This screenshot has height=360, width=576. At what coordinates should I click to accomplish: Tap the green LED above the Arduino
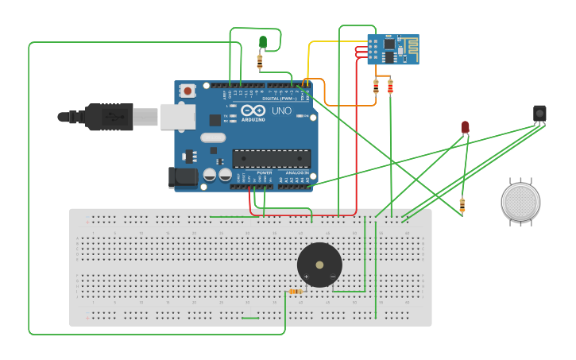pyautogui.click(x=263, y=41)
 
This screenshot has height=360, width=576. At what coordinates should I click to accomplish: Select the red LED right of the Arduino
pyautogui.click(x=465, y=126)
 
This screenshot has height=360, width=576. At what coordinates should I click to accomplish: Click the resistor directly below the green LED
pyautogui.click(x=260, y=60)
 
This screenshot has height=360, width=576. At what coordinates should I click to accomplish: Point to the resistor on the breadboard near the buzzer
pyautogui.click(x=296, y=292)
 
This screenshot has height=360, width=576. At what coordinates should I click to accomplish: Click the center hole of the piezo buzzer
pyautogui.click(x=319, y=265)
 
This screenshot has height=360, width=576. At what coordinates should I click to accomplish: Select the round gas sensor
pyautogui.click(x=520, y=202)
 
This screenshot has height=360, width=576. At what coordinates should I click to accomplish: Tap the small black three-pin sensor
pyautogui.click(x=539, y=114)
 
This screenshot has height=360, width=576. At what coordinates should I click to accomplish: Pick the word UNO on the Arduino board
pyautogui.click(x=281, y=110)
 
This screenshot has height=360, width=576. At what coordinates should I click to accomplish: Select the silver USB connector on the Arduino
pyautogui.click(x=177, y=116)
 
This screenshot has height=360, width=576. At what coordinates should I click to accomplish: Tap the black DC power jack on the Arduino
pyautogui.click(x=182, y=177)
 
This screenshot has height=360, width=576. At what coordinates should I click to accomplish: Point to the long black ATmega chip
pyautogui.click(x=271, y=159)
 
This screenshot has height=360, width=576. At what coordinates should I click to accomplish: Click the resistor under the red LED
pyautogui.click(x=462, y=206)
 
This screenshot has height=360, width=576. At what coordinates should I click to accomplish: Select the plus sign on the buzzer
pyautogui.click(x=307, y=277)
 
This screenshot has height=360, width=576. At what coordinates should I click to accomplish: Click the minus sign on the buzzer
pyautogui.click(x=332, y=277)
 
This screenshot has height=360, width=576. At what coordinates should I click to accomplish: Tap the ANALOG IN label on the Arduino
pyautogui.click(x=294, y=172)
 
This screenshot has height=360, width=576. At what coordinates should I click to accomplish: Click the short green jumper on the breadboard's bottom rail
pyautogui.click(x=250, y=318)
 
